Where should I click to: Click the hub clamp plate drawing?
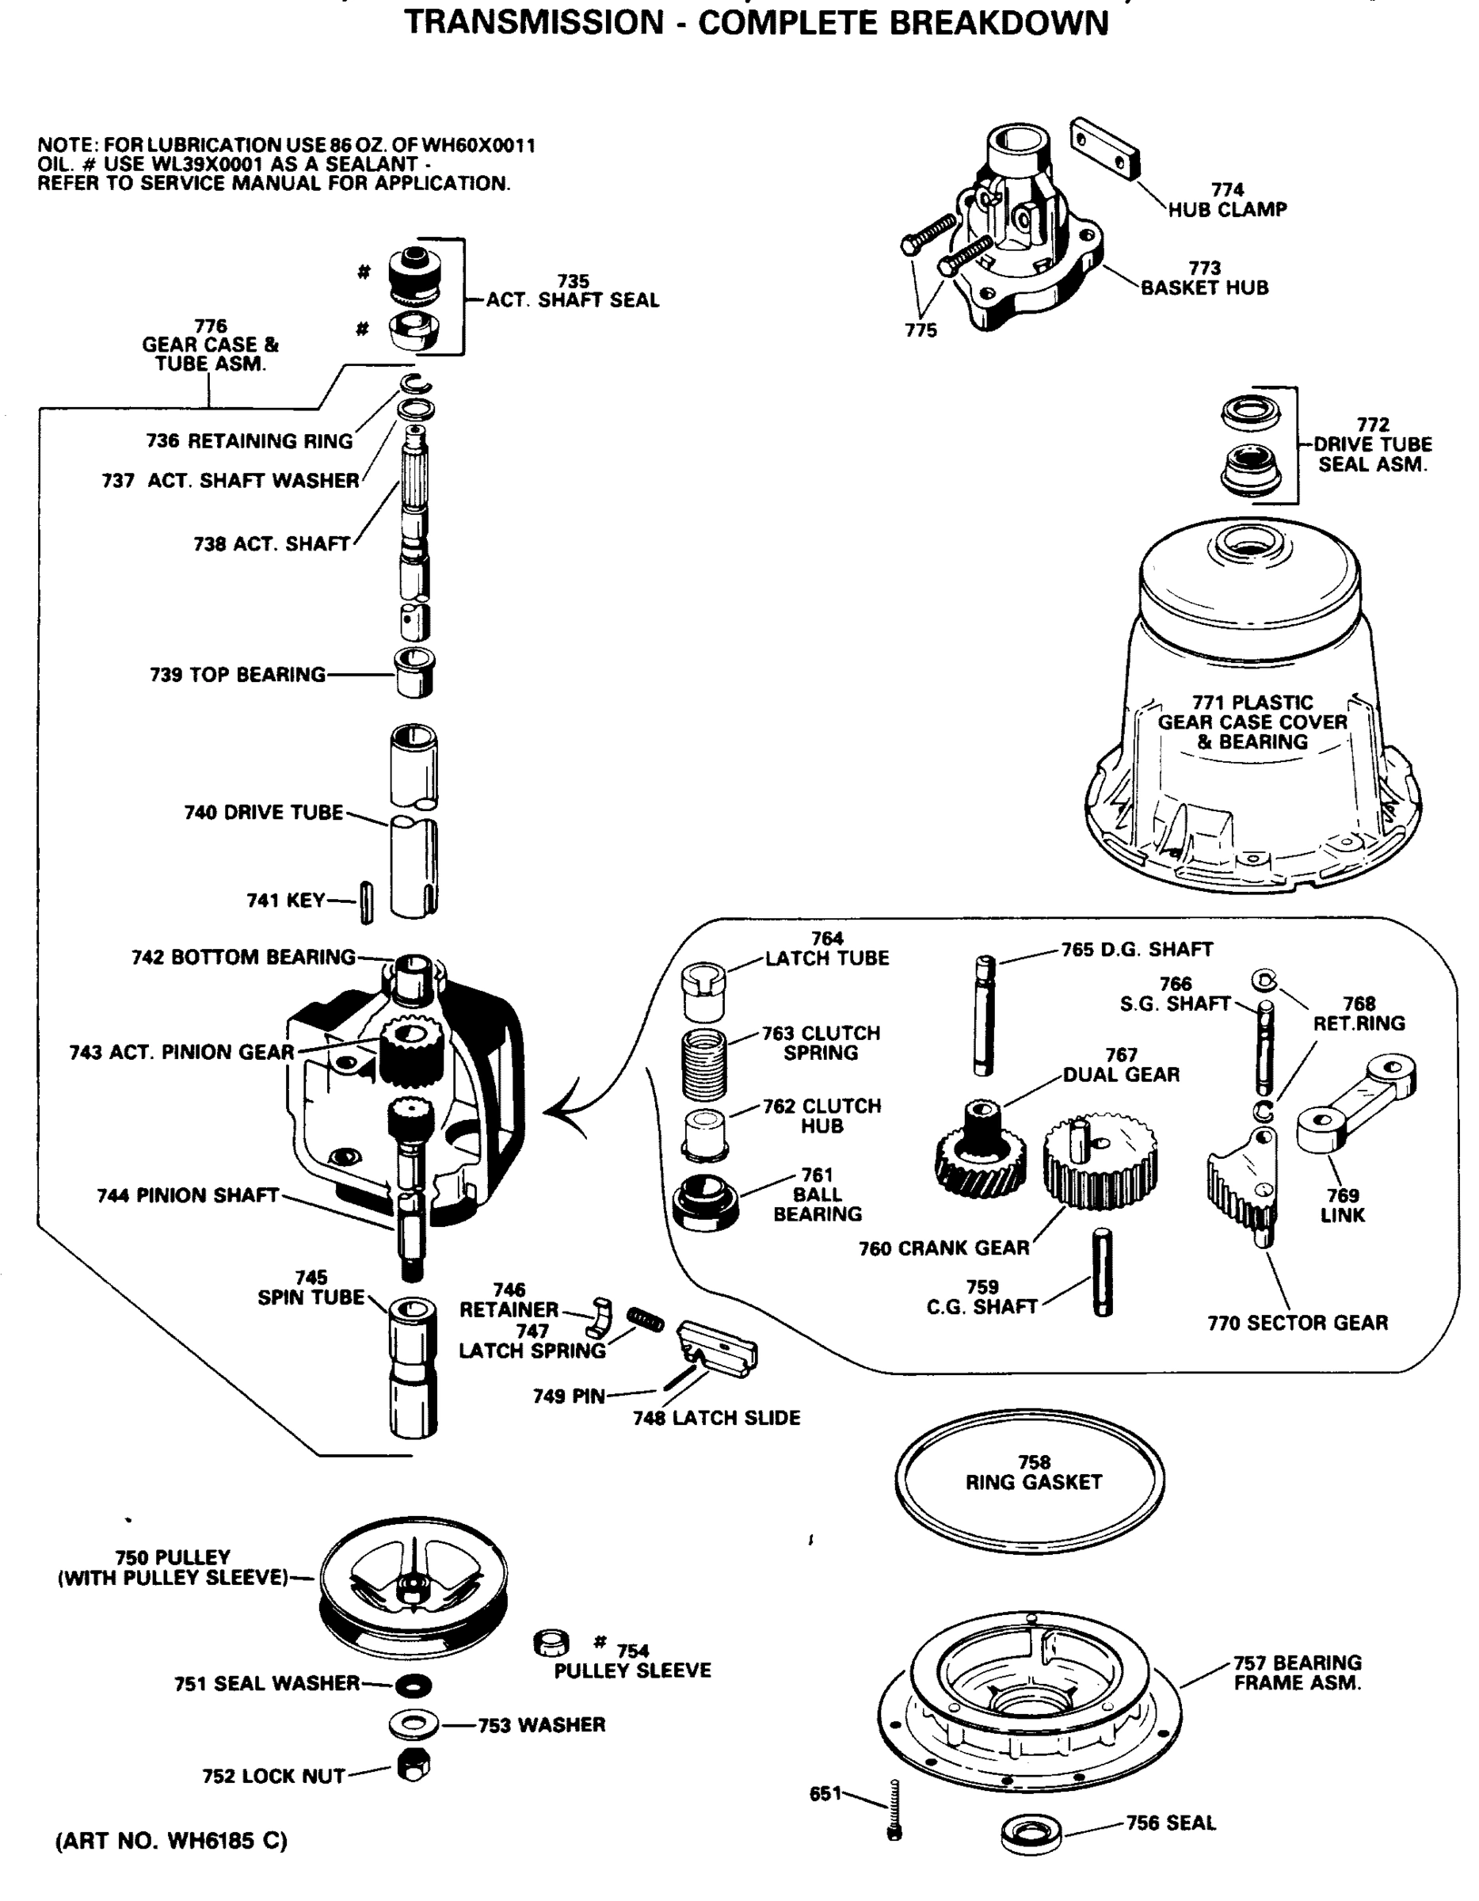(x=1104, y=148)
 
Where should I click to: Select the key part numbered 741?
(x=367, y=901)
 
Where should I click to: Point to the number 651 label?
(x=825, y=1793)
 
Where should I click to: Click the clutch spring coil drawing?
(x=703, y=1063)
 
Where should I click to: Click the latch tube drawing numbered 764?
(x=703, y=992)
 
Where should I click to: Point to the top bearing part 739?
(x=414, y=672)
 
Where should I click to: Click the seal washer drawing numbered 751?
(x=413, y=1686)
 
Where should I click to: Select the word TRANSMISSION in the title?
(x=534, y=23)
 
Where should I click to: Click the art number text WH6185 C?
(x=227, y=1840)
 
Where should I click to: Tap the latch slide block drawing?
(x=719, y=1347)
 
